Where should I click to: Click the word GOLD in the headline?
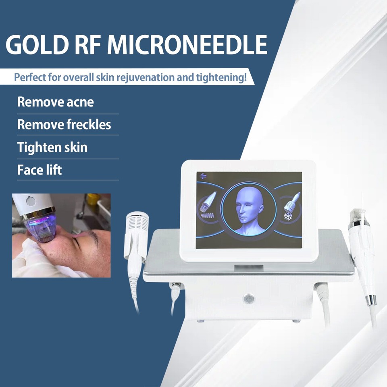click(37, 44)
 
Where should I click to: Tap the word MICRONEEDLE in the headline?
click(187, 44)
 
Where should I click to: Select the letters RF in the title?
click(87, 44)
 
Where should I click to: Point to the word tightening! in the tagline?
click(221, 77)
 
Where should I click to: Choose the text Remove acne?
click(56, 102)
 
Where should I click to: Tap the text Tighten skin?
click(52, 148)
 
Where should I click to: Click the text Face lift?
click(40, 170)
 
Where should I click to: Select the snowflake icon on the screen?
click(288, 216)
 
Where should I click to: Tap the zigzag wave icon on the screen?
click(208, 216)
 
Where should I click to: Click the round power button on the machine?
click(249, 299)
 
